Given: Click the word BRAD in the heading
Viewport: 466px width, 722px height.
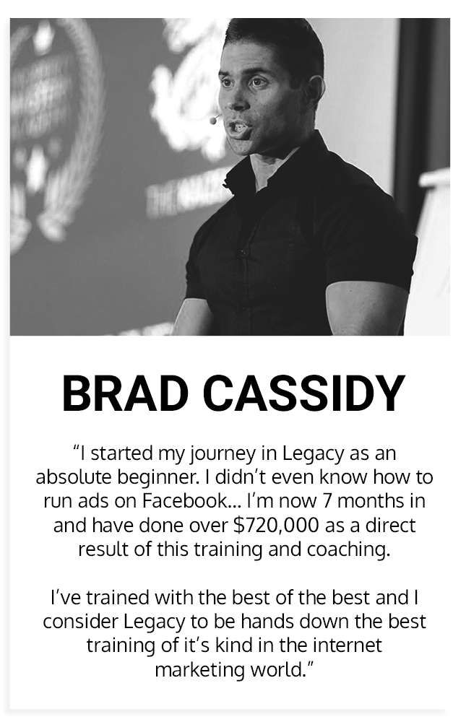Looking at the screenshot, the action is (x=124, y=393).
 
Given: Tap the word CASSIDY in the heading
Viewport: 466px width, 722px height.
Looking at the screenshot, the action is (x=304, y=393).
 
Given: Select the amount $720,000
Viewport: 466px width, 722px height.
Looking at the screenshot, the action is (x=276, y=526).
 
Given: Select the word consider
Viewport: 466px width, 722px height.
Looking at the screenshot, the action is (x=81, y=622).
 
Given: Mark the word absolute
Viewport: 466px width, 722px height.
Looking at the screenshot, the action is (x=74, y=477).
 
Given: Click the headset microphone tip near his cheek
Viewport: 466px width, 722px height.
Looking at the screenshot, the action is (x=213, y=121).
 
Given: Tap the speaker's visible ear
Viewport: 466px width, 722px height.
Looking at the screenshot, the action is (x=315, y=90).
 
